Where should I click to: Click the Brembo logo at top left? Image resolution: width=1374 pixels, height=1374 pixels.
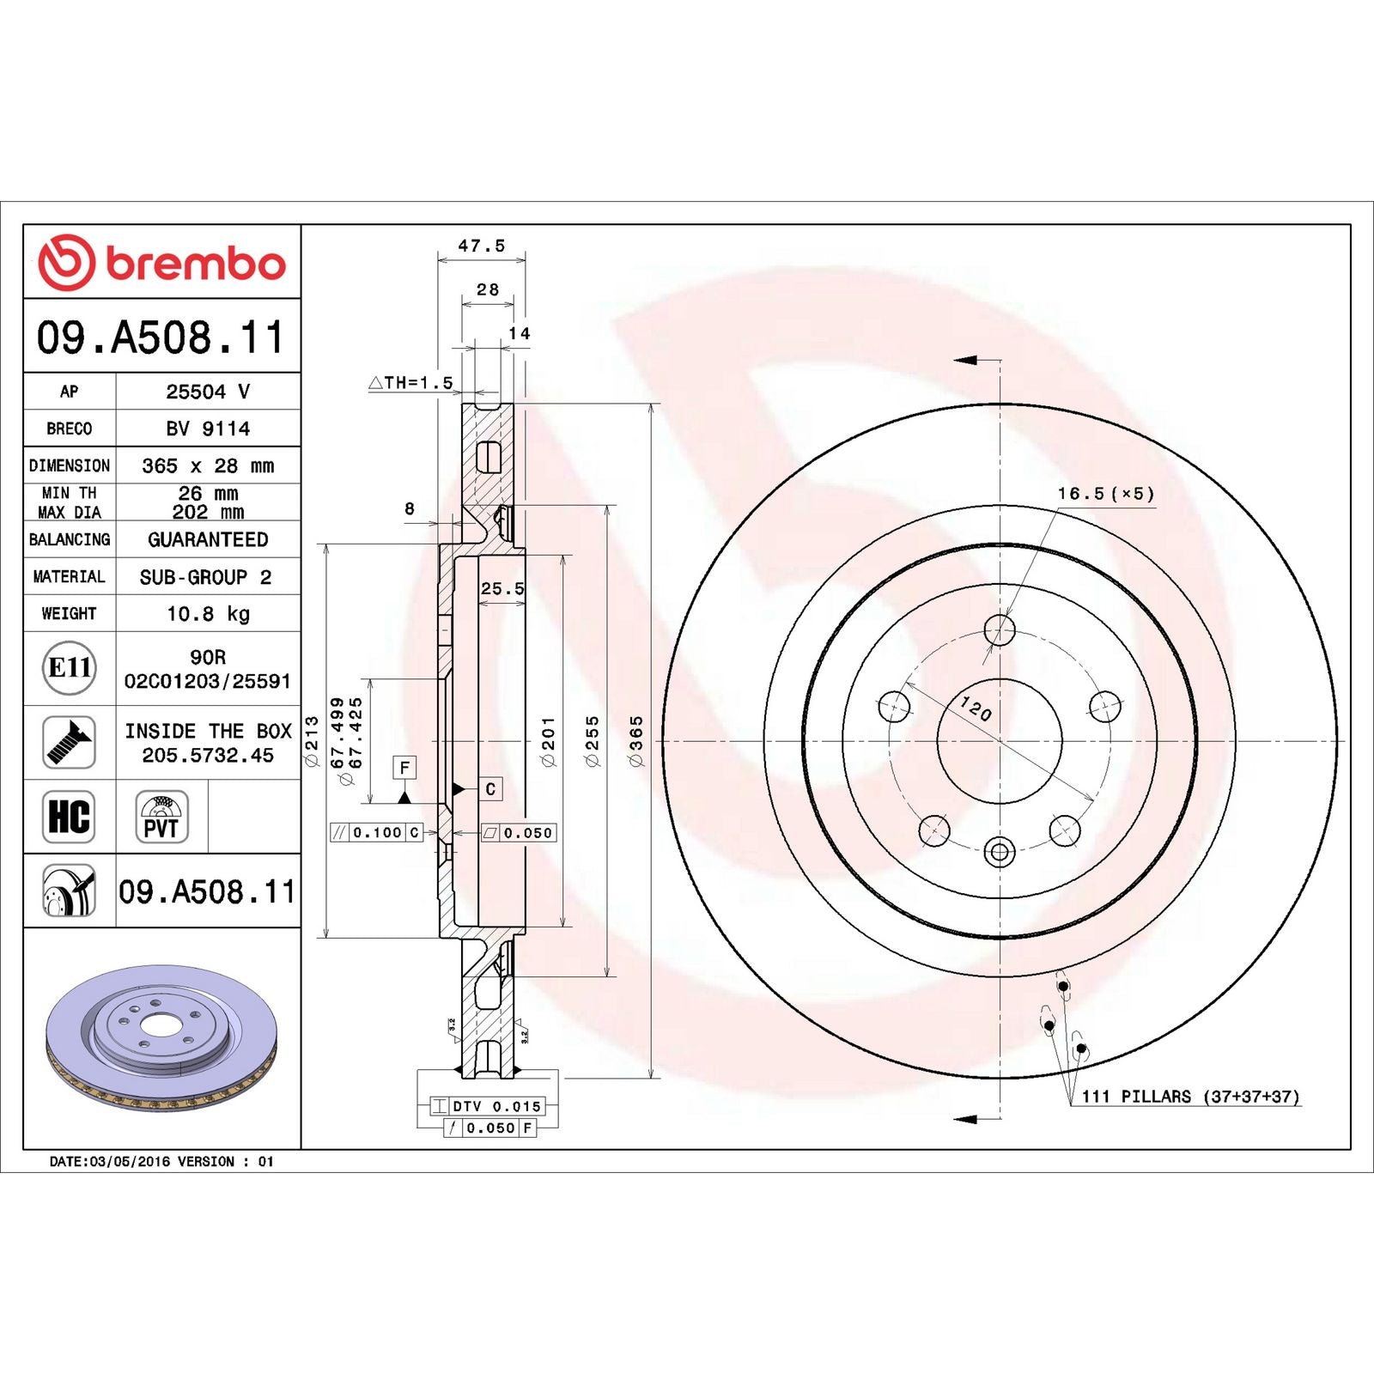[161, 262]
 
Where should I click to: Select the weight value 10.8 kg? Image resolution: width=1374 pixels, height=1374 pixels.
[208, 614]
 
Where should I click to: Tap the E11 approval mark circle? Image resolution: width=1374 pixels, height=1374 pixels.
[69, 667]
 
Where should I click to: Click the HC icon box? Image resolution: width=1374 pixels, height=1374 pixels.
[69, 816]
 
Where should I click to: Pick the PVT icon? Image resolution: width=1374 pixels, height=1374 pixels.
[161, 817]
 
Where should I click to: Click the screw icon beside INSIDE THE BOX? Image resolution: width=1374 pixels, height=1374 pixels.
[69, 742]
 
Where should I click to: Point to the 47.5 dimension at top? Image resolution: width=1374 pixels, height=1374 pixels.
[481, 246]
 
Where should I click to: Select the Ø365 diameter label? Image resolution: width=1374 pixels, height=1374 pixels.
[636, 740]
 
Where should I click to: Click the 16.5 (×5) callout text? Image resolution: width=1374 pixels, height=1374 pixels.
[1105, 494]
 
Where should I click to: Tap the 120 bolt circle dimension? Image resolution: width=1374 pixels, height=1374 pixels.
[976, 708]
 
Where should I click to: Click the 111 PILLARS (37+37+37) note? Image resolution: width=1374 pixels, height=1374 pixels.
[1190, 1097]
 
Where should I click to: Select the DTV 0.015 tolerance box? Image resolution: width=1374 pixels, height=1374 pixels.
[487, 1106]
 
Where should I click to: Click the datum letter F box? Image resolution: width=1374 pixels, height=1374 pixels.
[404, 767]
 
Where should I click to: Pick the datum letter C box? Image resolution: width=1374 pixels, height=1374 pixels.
[490, 788]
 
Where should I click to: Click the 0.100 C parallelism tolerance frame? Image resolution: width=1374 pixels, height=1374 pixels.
[377, 832]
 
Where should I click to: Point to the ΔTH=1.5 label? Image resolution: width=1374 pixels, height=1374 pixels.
[410, 383]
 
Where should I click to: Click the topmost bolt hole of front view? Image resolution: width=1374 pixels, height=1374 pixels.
[1000, 629]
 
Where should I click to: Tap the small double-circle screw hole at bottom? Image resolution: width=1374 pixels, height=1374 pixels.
[1000, 853]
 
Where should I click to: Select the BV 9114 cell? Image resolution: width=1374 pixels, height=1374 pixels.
[208, 429]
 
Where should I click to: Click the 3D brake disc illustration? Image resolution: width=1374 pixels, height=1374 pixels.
[161, 1037]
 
